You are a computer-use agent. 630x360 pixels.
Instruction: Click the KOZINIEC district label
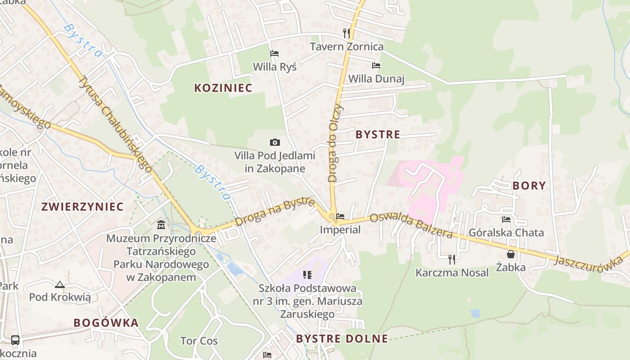click(223, 88)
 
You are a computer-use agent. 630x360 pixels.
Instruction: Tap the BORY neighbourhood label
click(529, 185)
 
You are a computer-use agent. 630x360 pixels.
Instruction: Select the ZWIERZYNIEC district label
click(82, 207)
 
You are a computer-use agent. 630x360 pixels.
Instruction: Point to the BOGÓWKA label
click(106, 323)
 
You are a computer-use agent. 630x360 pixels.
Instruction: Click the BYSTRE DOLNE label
click(342, 339)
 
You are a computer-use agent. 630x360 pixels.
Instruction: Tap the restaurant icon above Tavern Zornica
click(346, 33)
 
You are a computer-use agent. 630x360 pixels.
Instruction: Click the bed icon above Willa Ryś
click(274, 54)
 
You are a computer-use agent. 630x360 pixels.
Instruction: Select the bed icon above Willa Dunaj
click(376, 66)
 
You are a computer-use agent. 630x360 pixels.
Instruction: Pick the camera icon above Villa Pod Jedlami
click(274, 143)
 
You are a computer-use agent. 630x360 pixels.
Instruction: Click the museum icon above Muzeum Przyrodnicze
click(161, 225)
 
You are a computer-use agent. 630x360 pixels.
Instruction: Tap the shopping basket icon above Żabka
click(511, 254)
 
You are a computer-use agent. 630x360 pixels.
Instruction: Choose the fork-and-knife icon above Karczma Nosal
click(452, 259)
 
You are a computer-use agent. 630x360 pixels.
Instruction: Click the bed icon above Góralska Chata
click(506, 220)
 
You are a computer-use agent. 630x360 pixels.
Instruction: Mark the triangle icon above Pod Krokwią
click(60, 284)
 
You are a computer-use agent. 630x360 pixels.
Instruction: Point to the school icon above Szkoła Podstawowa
click(308, 274)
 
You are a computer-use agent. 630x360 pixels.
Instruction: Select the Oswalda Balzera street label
click(411, 226)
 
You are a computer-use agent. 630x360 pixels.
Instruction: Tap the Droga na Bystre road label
click(274, 212)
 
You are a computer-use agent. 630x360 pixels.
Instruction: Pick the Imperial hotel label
click(340, 229)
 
